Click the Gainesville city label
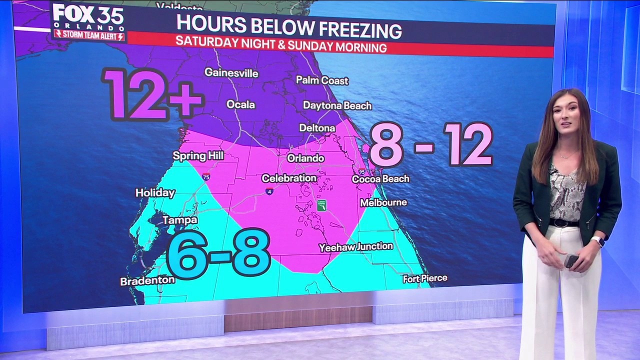231,73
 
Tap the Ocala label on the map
240,104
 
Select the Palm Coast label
322,80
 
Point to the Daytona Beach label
337,105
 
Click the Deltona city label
317,128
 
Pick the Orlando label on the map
305,158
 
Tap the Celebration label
289,178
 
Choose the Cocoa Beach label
380,178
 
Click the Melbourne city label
383,202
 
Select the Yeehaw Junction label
356,246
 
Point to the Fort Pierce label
425,278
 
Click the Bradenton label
147,280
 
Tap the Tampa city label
179,220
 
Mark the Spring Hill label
198,156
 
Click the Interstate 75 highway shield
206,176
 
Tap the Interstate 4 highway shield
269,191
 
